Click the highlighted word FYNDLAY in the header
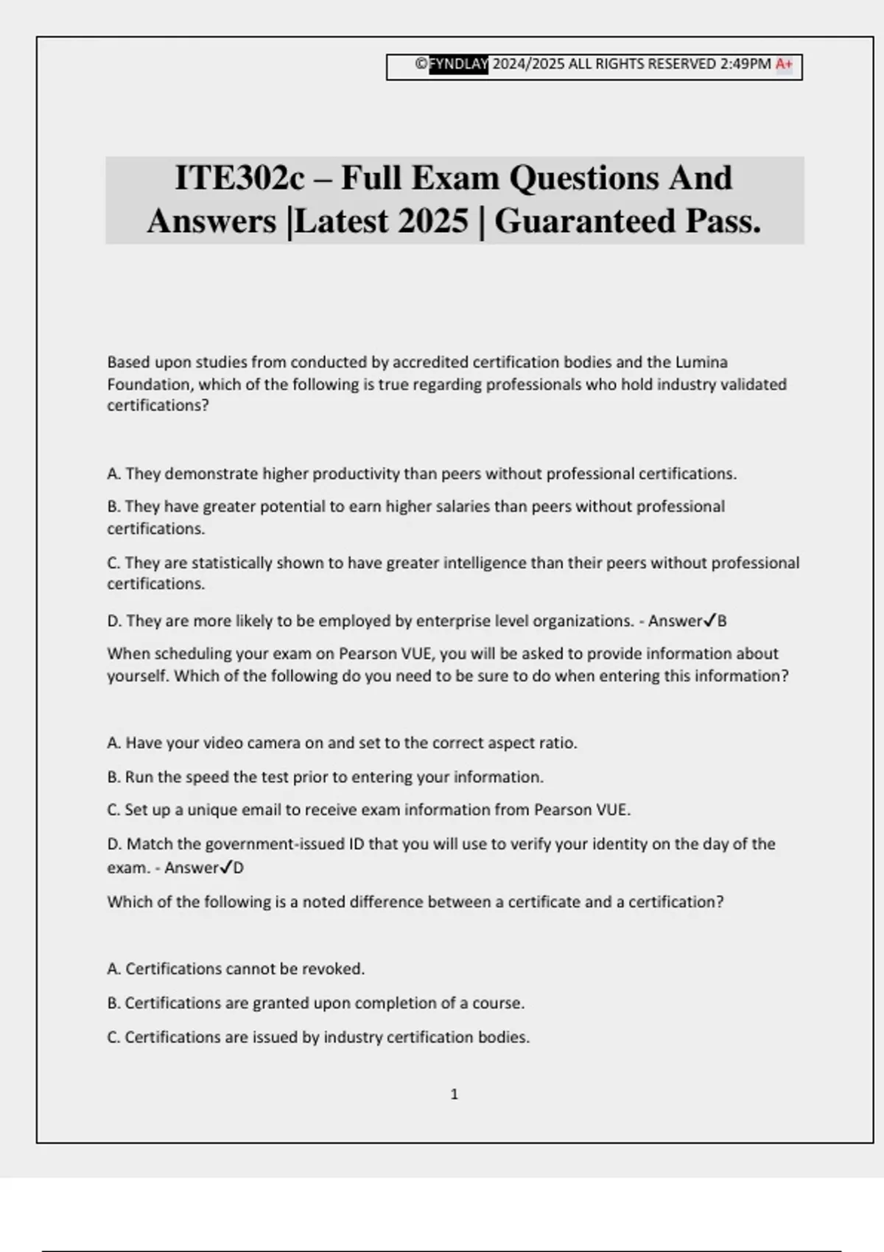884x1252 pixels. tap(458, 64)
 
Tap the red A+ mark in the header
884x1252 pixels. tap(784, 64)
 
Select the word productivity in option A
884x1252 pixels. tap(356, 474)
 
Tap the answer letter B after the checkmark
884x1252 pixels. tap(722, 621)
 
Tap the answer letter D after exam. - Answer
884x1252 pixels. tap(239, 868)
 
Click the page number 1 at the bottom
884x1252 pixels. tap(454, 1094)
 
